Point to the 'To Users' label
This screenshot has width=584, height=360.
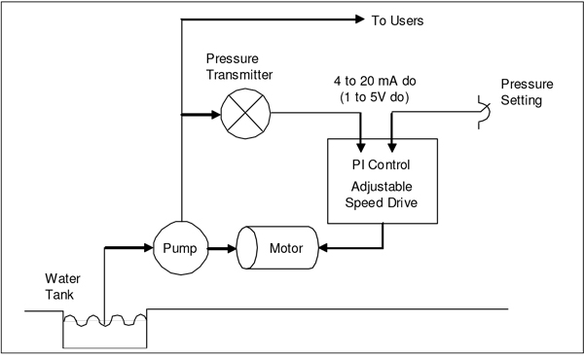click(x=397, y=20)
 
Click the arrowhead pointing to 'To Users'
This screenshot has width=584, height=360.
click(x=360, y=19)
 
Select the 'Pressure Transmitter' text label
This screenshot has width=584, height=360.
click(x=239, y=66)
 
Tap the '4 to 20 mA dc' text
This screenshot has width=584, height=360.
click(x=375, y=81)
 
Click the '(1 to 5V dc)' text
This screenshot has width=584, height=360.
click(x=375, y=97)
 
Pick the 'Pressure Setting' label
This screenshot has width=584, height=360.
click(x=527, y=92)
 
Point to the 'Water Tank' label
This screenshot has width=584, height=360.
click(x=62, y=287)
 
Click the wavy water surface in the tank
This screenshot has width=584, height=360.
click(x=105, y=320)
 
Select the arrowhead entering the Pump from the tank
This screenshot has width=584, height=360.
click(x=149, y=247)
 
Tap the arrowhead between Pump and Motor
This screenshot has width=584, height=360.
click(x=232, y=248)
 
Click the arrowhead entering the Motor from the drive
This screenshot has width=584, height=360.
click(x=323, y=247)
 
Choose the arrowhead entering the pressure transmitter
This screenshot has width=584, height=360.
click(x=216, y=114)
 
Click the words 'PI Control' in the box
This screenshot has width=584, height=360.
click(x=381, y=164)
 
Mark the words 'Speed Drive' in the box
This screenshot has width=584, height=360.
click(x=381, y=202)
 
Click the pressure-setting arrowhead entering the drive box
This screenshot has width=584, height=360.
click(x=392, y=148)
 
